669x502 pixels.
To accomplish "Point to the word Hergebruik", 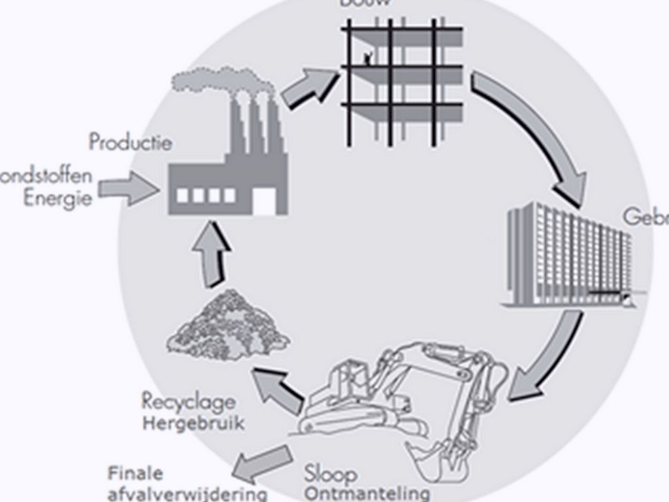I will (x=193, y=423).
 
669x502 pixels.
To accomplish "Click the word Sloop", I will (x=331, y=473).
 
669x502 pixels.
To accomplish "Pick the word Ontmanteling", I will (x=367, y=492).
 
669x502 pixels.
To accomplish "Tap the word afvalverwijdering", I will (x=188, y=493).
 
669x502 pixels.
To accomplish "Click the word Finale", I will (x=136, y=473).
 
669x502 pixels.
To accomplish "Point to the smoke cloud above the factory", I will (x=222, y=81).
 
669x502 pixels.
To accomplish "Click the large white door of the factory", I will (x=264, y=201).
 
